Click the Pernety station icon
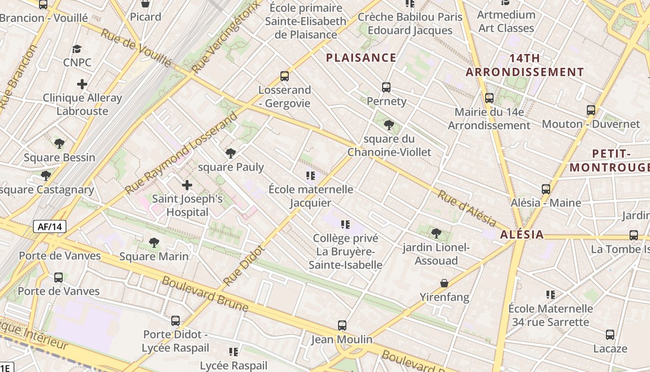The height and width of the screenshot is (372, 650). (386, 87)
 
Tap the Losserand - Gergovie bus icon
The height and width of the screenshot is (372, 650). (284, 76)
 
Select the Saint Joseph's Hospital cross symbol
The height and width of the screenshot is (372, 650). (187, 185)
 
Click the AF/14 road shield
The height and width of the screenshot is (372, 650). (50, 226)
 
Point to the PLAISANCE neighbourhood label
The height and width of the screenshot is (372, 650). (361, 58)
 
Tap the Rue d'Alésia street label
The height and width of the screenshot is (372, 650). (466, 209)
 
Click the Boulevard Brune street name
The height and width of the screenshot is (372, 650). (205, 294)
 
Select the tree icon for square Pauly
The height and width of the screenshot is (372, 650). (230, 153)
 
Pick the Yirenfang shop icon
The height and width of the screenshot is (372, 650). (444, 283)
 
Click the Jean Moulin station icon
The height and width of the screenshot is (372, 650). (342, 325)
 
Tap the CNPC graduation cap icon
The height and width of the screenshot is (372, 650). (77, 49)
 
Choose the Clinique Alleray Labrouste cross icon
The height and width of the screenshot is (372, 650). (82, 84)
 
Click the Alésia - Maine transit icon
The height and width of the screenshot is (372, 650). (546, 189)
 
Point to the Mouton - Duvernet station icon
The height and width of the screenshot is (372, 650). (591, 110)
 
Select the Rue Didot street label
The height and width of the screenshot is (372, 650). (244, 265)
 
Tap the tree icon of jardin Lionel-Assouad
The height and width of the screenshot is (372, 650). (435, 233)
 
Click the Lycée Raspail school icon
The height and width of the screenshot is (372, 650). (234, 352)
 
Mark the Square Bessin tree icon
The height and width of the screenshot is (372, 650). (59, 144)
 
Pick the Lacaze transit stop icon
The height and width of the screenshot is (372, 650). (610, 335)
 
